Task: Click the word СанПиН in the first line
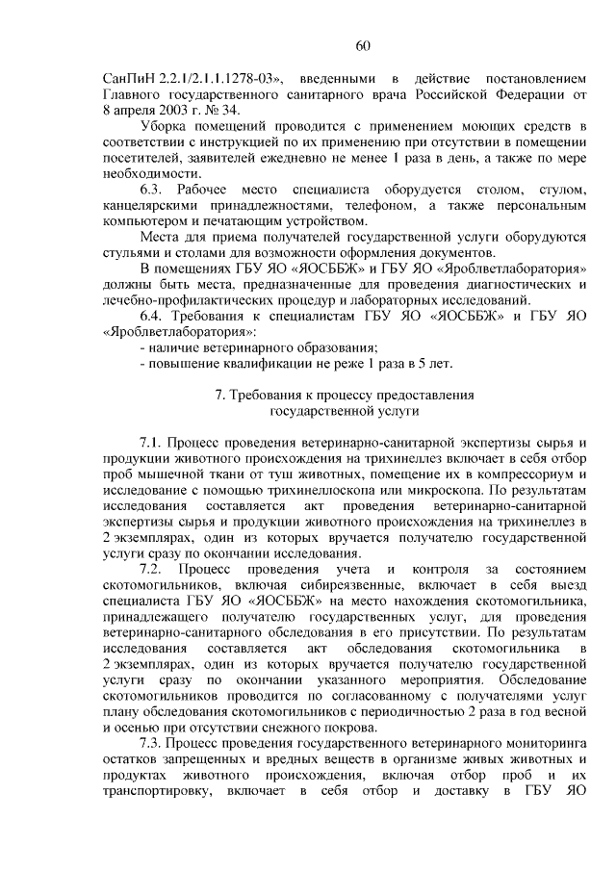[x=128, y=78]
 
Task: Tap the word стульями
[x=128, y=252]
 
